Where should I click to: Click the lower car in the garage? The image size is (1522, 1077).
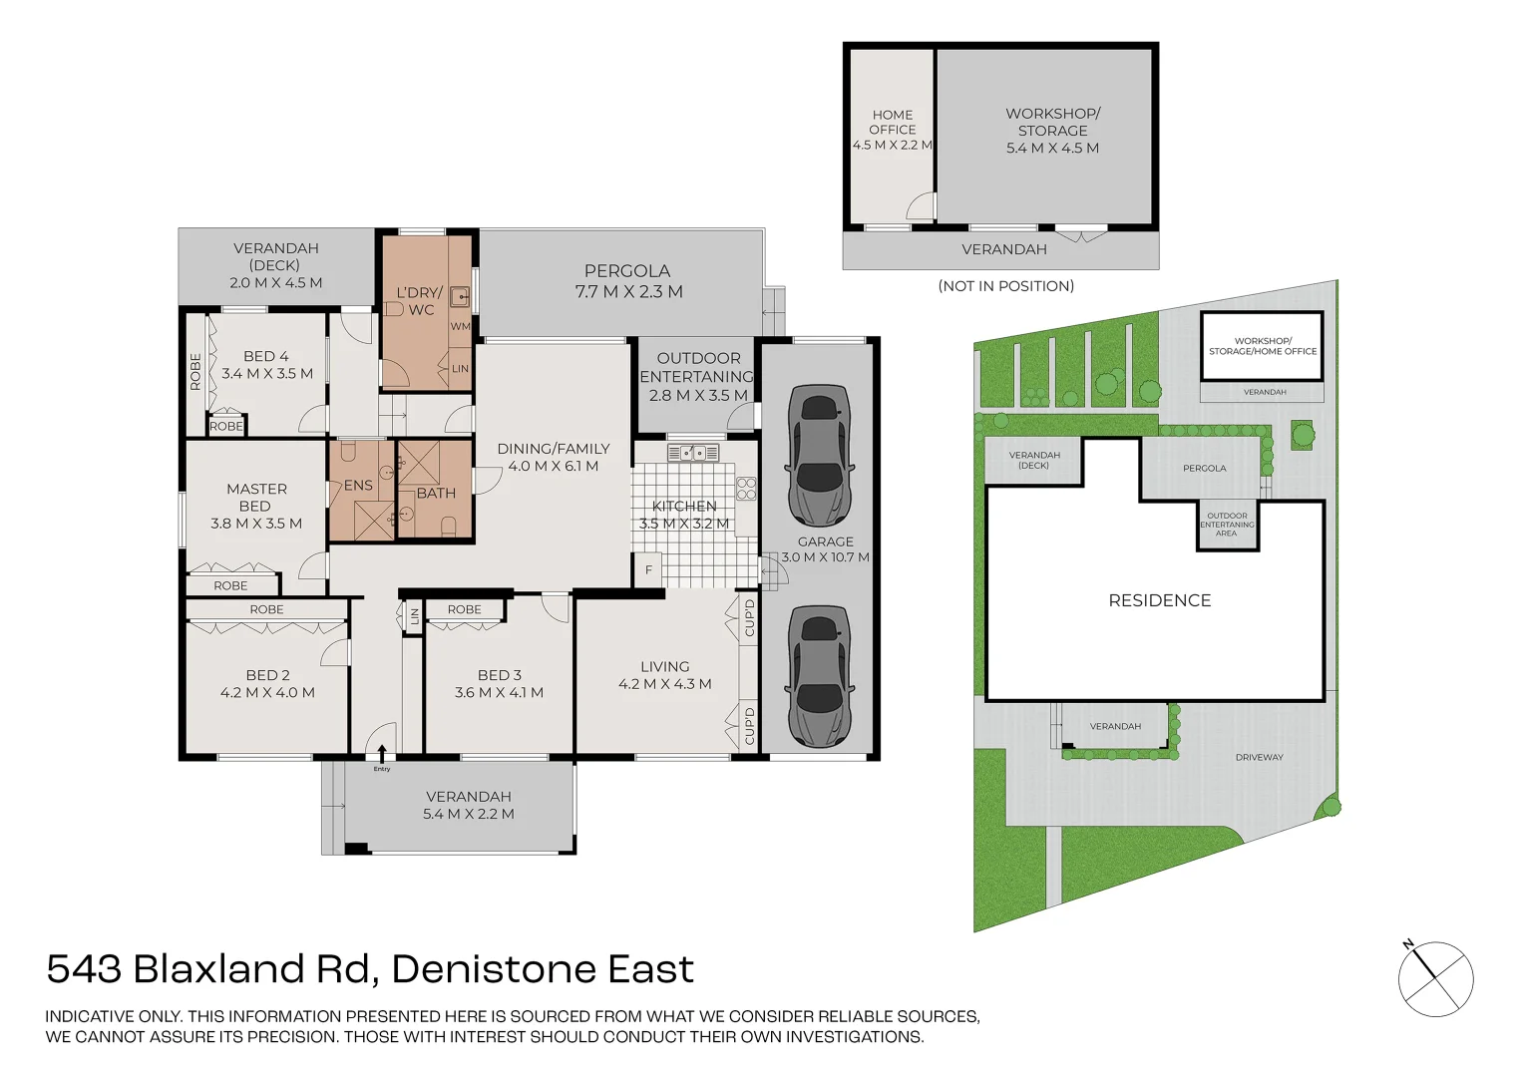click(x=819, y=676)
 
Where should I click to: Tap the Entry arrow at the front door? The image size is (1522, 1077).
click(x=382, y=753)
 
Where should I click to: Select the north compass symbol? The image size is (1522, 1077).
click(x=1435, y=978)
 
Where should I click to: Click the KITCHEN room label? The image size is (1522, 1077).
click(x=684, y=507)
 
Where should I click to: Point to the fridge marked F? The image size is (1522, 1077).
click(x=648, y=570)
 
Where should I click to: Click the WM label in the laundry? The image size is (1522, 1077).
click(x=460, y=326)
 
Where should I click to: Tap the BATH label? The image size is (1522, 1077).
click(x=436, y=494)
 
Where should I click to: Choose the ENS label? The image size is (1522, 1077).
click(x=358, y=486)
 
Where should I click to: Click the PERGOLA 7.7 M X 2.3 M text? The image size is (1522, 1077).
click(x=627, y=281)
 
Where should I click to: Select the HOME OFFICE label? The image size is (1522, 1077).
click(x=892, y=123)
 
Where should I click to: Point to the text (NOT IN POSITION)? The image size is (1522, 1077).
click(x=1005, y=286)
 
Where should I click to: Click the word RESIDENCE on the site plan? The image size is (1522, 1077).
click(x=1160, y=600)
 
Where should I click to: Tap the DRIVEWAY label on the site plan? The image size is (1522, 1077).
click(x=1259, y=757)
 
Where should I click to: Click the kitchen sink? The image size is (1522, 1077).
click(x=693, y=452)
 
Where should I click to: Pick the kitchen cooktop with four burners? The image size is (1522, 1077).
click(x=746, y=489)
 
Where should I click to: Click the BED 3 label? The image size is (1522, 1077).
click(x=500, y=675)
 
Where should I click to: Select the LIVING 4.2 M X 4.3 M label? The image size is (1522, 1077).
click(x=664, y=675)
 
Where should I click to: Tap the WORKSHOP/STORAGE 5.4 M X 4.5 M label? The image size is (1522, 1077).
click(x=1052, y=131)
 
